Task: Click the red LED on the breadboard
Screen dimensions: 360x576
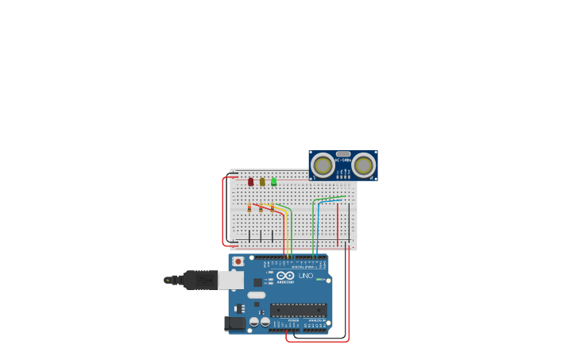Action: click(x=250, y=182)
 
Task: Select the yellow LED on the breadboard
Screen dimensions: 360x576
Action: click(x=262, y=182)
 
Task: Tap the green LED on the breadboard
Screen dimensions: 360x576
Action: click(x=273, y=182)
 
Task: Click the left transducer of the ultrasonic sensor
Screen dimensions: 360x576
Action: click(x=323, y=165)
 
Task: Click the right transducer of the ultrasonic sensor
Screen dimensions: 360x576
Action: click(x=364, y=165)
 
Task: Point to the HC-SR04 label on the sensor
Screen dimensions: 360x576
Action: click(x=343, y=161)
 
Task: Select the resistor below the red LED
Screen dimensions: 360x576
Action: click(x=249, y=208)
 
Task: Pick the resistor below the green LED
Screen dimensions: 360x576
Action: click(x=273, y=208)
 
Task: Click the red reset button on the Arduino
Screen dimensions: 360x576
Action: click(x=238, y=261)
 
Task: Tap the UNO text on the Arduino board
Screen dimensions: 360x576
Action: click(x=306, y=276)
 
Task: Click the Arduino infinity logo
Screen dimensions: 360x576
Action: click(x=285, y=276)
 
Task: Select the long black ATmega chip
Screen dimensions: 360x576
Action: click(x=298, y=310)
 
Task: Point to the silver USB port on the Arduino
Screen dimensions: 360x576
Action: click(x=231, y=280)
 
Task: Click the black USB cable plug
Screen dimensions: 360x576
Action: click(x=200, y=280)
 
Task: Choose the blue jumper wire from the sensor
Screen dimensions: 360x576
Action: click(x=317, y=226)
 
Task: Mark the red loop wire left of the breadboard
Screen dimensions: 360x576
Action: click(x=222, y=211)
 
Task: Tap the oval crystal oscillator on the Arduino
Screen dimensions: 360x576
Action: click(x=257, y=295)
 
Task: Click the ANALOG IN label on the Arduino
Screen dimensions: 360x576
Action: click(x=316, y=320)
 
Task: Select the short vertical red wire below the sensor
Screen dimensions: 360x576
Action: click(x=337, y=224)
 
